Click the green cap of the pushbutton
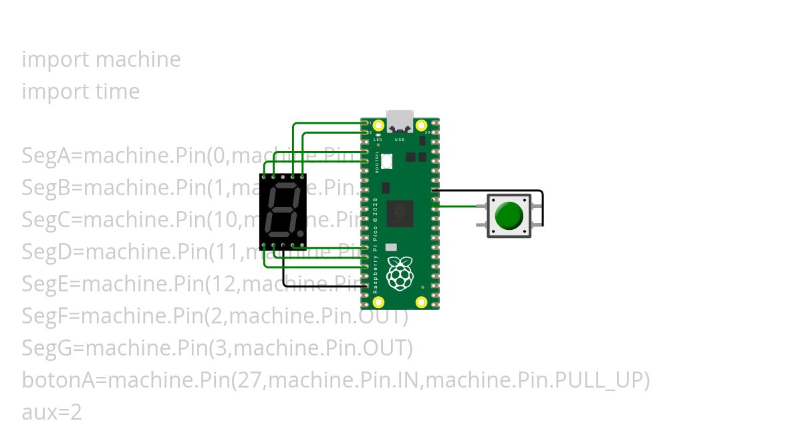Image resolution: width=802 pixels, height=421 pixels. tap(509, 215)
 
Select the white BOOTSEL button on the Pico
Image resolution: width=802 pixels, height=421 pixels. tap(386, 162)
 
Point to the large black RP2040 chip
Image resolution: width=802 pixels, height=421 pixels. tap(400, 213)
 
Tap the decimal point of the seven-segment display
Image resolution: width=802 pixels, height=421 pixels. tap(301, 234)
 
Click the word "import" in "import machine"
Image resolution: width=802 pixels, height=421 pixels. tap(55, 59)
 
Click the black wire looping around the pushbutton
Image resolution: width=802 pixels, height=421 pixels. tap(542, 207)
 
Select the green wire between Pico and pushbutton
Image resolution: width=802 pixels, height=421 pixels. tap(461, 206)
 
